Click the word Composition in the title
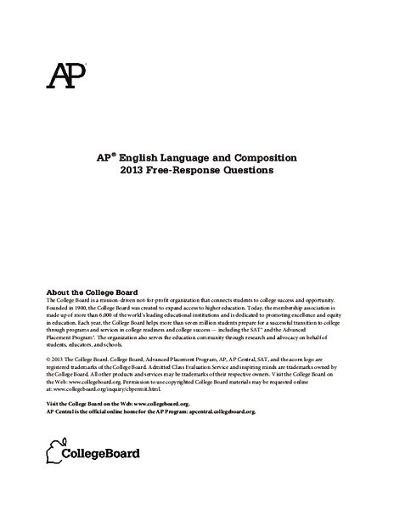tap(261, 157)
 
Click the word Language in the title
tap(194, 157)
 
